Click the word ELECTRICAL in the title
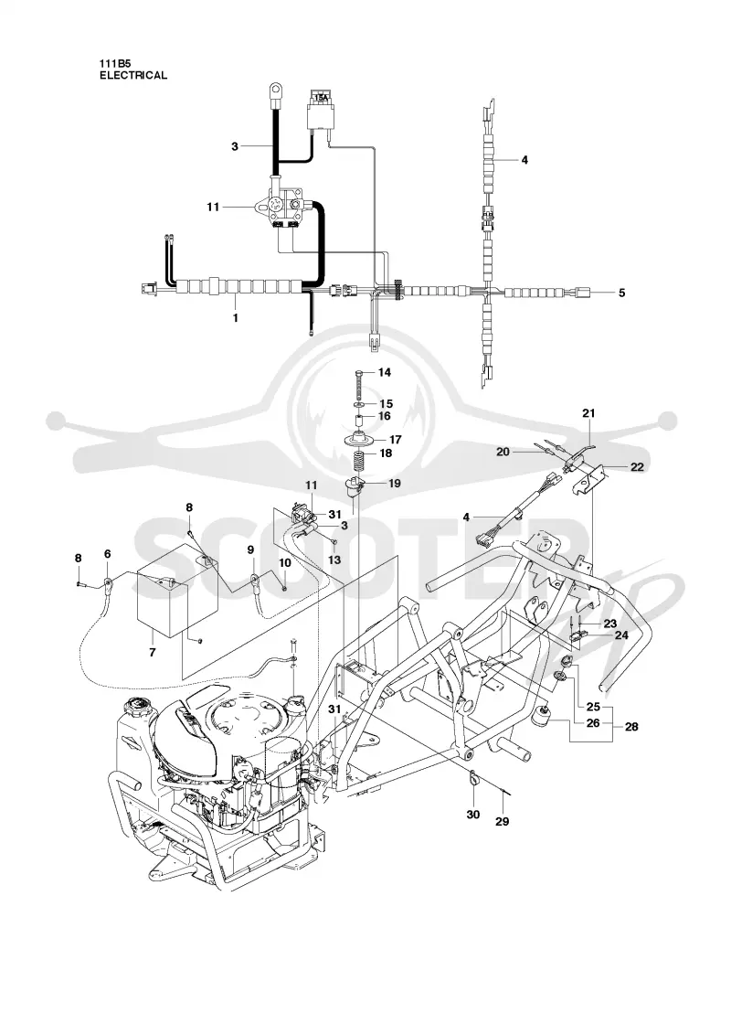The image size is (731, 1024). pyautogui.click(x=133, y=75)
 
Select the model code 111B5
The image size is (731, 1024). pyautogui.click(x=113, y=64)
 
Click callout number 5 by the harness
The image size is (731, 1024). pyautogui.click(x=621, y=293)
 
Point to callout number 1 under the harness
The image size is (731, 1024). pyautogui.click(x=235, y=318)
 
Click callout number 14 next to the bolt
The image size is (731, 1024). pyautogui.click(x=385, y=372)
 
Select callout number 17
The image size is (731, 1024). pyautogui.click(x=395, y=440)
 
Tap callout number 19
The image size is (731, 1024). pyautogui.click(x=394, y=484)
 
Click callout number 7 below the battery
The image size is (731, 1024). pyautogui.click(x=152, y=652)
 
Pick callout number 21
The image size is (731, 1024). pyautogui.click(x=588, y=412)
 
